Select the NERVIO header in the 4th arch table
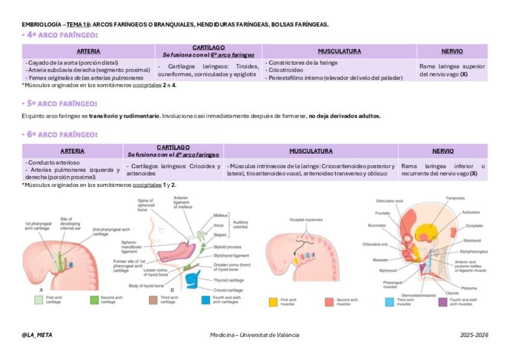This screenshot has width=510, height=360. [x=451, y=51]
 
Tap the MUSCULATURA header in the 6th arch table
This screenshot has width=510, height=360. [x=310, y=151]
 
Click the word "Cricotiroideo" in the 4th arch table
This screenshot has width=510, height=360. [x=286, y=70]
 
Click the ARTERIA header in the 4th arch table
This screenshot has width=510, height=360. [x=88, y=51]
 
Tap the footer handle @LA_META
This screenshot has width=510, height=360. [x=37, y=335]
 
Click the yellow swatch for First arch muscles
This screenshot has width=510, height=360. [x=273, y=302]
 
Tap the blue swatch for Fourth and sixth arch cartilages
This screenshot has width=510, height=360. [x=206, y=299]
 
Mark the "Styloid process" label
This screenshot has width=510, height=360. [x=228, y=246]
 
